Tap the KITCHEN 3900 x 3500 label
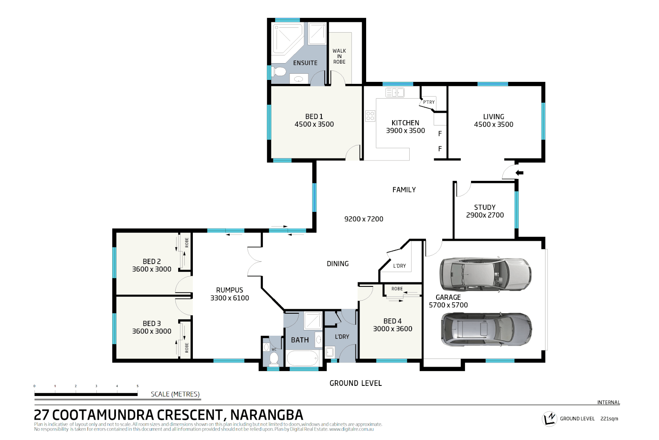[x=405, y=127]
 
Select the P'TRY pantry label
[x=429, y=102]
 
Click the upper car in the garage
[x=485, y=274]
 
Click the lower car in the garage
[x=486, y=329]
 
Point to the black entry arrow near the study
[x=519, y=173]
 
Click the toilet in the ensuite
[x=279, y=72]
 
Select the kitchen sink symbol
[x=395, y=92]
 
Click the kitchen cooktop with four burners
[x=370, y=116]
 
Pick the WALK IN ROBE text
[x=339, y=56]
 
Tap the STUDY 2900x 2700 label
[x=485, y=211]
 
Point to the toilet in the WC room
[x=274, y=359]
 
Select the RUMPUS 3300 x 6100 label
[x=229, y=294]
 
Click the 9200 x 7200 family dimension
[x=364, y=219]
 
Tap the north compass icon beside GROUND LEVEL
[x=549, y=418]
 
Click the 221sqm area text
[x=609, y=419]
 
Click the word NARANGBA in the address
[x=266, y=415]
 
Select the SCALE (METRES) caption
[x=175, y=394]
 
